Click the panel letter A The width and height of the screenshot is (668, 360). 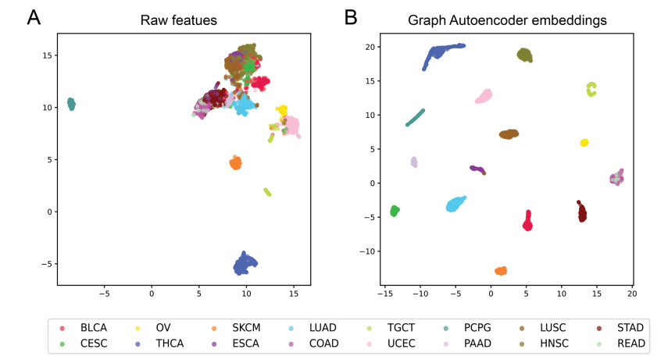pos(34,17)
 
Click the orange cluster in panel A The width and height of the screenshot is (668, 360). pos(234,162)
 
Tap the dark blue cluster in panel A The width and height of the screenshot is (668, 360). pos(245,264)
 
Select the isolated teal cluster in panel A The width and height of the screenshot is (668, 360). pos(71,104)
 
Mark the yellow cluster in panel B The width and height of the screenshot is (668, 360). pos(584,142)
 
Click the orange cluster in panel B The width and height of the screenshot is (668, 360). pos(501,270)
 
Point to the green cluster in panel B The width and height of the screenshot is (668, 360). pos(395,210)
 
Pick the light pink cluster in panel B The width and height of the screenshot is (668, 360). pos(484,96)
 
